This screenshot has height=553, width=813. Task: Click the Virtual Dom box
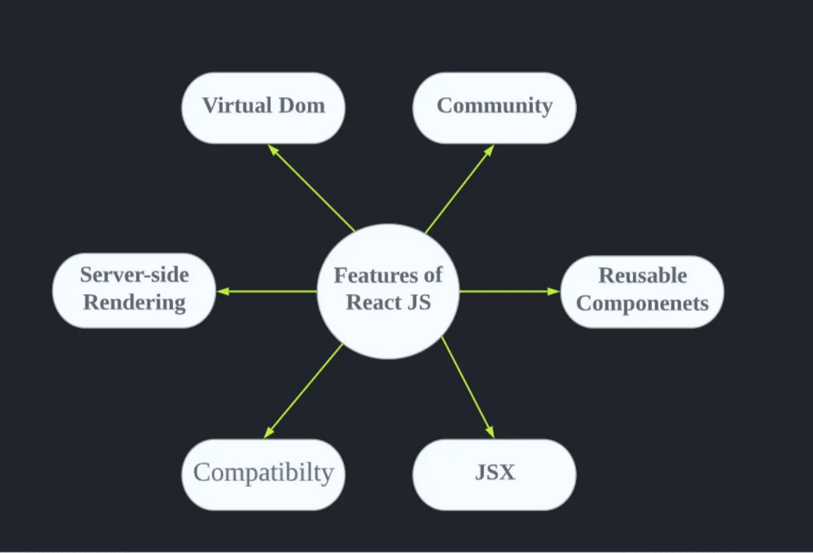point(263,108)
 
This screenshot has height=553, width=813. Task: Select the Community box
point(494,108)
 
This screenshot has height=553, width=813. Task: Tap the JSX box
point(494,474)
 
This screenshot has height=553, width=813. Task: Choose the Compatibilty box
point(263,474)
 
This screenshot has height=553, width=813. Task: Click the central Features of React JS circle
point(388,291)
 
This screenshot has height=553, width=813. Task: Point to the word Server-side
point(134,275)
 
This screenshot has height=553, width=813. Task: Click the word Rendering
point(134,303)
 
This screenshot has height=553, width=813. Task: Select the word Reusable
point(643,276)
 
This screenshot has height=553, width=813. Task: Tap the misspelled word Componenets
point(643,303)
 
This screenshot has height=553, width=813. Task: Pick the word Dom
point(303,106)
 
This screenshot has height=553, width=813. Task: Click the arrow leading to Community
point(459,189)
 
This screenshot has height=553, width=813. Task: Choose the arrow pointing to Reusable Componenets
point(510,291)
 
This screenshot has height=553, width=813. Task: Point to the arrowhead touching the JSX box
point(490,432)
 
